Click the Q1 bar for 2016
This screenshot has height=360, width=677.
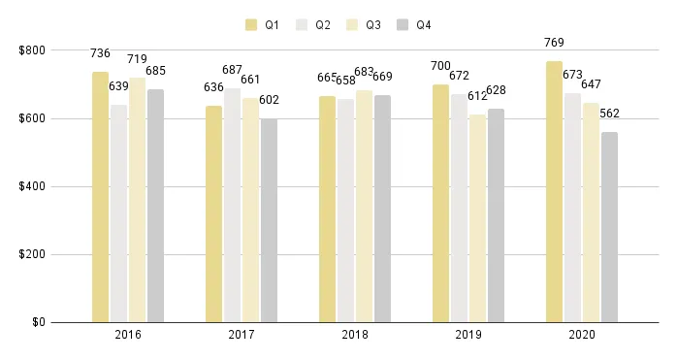100,197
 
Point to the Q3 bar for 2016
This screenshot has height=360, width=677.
137,200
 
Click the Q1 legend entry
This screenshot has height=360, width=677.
263,24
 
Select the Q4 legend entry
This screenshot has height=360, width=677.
415,24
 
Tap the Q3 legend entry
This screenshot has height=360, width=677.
365,24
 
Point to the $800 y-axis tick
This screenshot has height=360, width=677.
32,50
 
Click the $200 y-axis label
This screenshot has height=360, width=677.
32,255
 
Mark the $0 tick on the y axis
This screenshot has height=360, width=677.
38,323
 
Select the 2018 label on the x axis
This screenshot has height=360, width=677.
354,335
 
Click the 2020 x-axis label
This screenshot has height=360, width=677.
581,335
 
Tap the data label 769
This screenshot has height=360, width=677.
554,43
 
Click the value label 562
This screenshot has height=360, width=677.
609,114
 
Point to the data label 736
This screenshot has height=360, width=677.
100,54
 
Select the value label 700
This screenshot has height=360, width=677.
440,66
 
